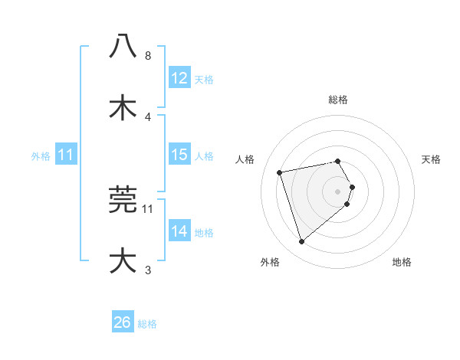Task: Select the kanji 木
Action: click(123, 107)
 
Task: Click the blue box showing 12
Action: click(179, 78)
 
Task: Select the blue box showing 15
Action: click(179, 155)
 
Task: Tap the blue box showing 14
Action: click(179, 231)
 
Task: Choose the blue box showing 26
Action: click(122, 322)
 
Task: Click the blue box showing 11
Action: click(65, 155)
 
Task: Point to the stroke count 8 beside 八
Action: click(148, 56)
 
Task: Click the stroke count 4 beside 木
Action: click(148, 116)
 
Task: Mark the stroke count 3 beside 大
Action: click(148, 270)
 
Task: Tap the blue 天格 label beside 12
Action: click(204, 79)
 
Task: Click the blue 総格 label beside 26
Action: click(147, 323)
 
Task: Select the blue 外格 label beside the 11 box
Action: click(41, 155)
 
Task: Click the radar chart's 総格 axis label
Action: click(338, 100)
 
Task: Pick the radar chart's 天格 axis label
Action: click(432, 159)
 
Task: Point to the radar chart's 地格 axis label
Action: click(402, 262)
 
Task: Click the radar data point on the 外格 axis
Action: click(302, 242)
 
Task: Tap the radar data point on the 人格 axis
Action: click(280, 172)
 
